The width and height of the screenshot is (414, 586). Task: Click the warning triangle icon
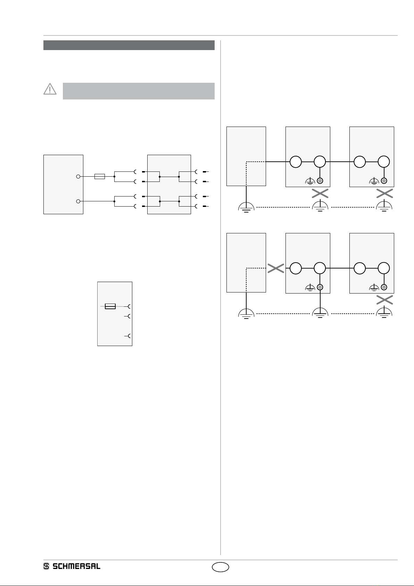pos(50,89)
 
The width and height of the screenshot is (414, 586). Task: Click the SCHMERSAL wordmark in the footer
pos(76,567)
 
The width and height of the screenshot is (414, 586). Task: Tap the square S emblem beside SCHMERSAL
pos(46,567)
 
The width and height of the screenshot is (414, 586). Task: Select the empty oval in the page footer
pos(221,567)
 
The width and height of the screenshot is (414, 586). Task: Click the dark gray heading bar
pos(129,45)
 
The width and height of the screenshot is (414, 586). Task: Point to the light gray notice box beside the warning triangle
pos(139,91)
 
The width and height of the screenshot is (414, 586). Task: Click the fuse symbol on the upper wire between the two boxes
pos(100,177)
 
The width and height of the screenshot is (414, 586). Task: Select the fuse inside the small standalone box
pos(110,306)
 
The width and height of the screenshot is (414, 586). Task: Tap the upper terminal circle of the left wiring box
pos(78,177)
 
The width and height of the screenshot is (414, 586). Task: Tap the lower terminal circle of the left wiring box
pos(78,201)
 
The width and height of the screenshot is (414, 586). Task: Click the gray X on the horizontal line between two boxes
pos(276,268)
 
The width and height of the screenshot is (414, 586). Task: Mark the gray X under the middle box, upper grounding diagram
pos(320,194)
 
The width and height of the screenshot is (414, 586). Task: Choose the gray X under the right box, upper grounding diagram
pos(384,194)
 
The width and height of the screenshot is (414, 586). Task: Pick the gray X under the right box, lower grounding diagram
pos(384,300)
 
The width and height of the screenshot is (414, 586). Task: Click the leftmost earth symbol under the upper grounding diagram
pos(246,207)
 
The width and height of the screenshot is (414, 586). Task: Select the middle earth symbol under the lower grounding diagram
pos(320,313)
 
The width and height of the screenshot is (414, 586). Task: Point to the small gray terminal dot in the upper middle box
pos(320,181)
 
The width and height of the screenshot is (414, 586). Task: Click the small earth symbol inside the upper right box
pos(374,181)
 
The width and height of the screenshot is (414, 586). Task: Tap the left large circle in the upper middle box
pos(296,162)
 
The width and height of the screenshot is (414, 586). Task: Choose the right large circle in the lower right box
pos(384,268)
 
